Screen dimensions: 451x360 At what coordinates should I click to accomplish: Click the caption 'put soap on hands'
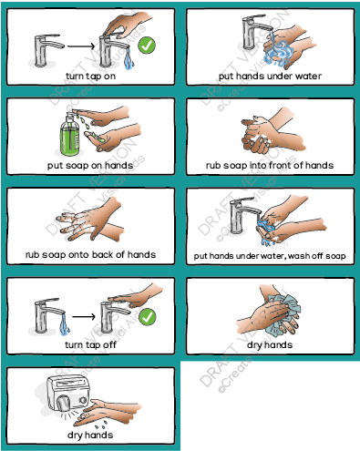[x=90, y=165]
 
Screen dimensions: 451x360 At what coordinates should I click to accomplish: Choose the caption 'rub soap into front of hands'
[x=270, y=165]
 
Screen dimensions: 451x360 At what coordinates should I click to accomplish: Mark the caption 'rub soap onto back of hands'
[x=90, y=254]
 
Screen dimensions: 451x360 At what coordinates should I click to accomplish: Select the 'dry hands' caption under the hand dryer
[x=89, y=436]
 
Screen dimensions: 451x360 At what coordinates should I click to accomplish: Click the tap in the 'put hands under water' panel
[x=248, y=35]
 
